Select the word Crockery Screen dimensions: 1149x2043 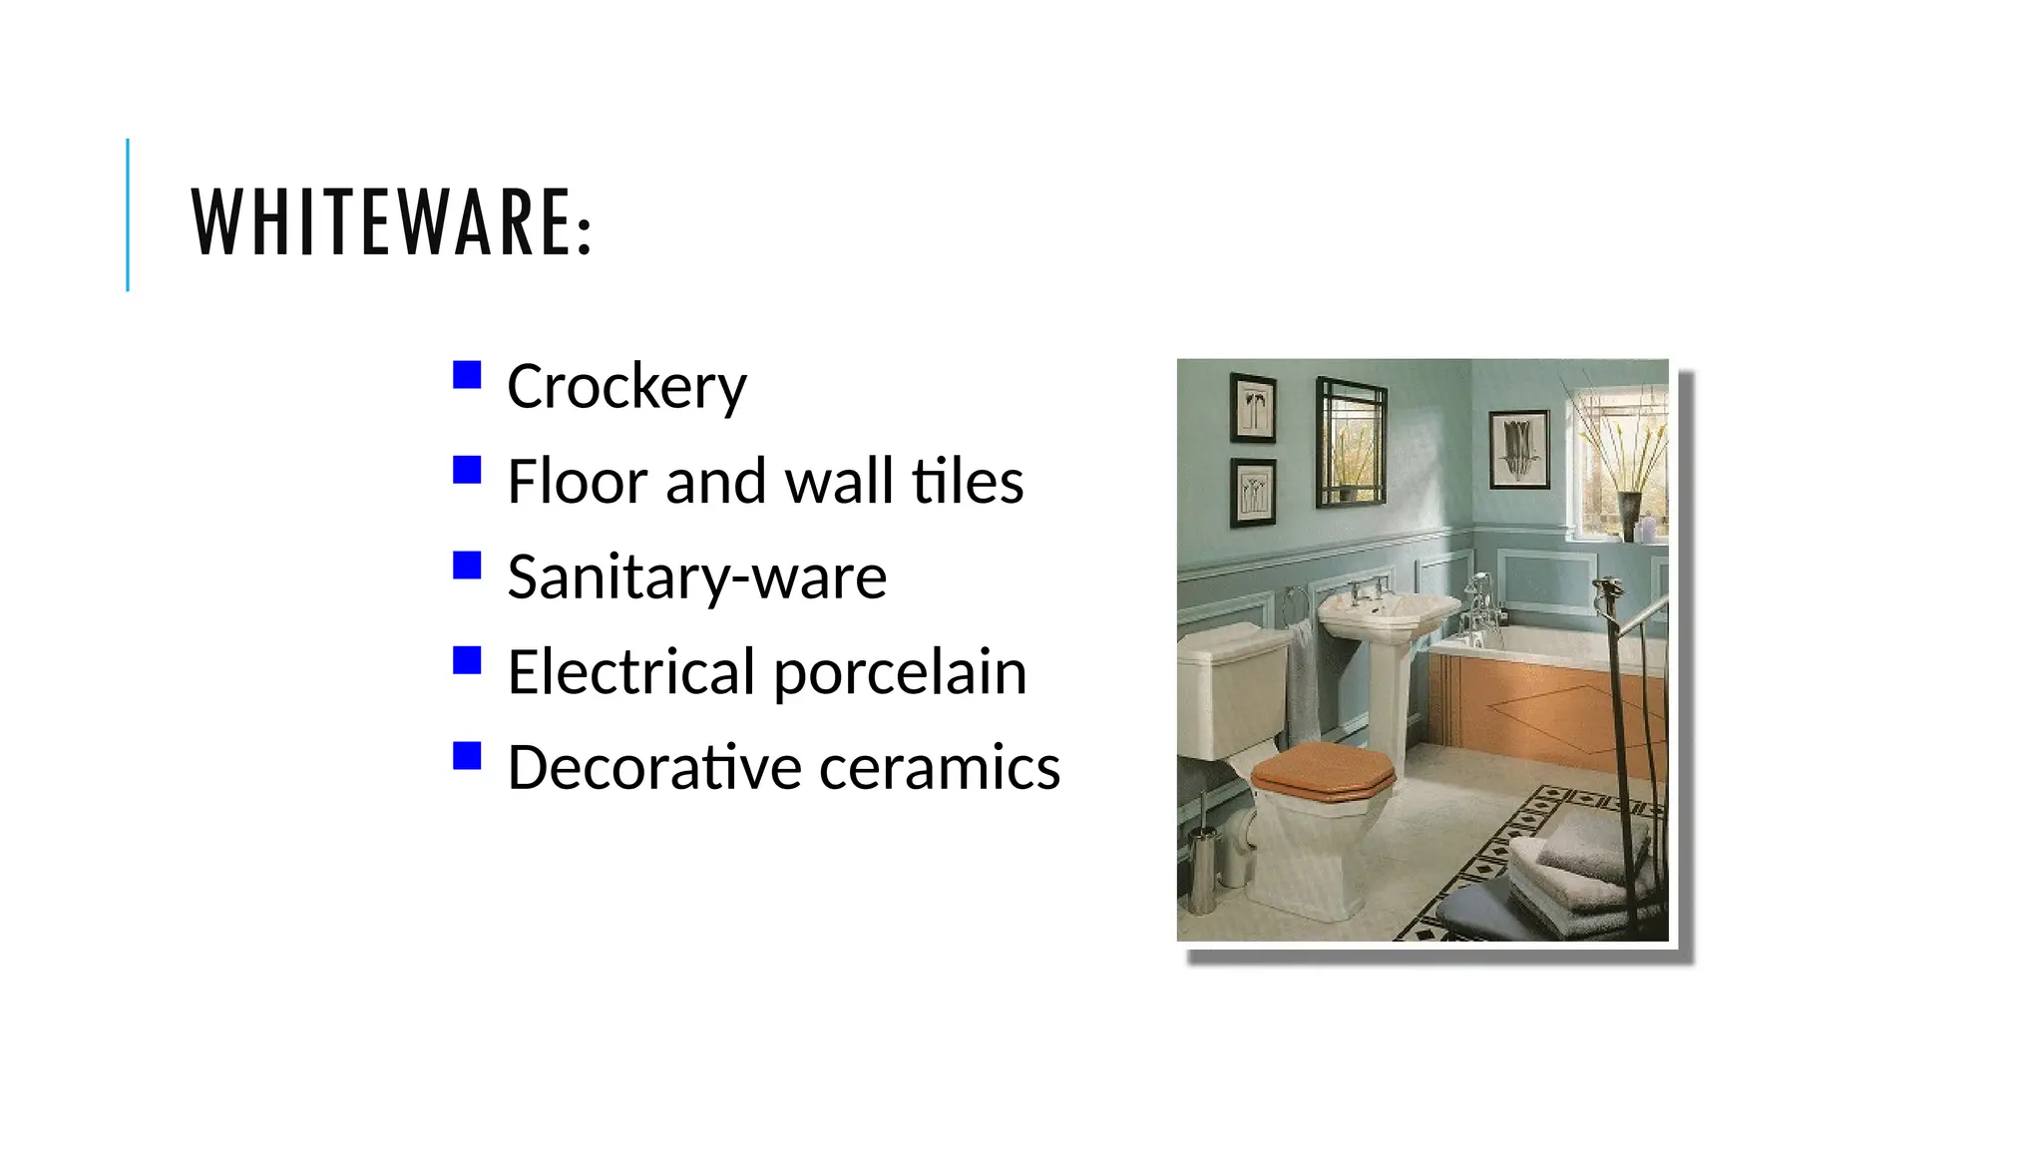626,387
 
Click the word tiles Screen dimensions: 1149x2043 967,482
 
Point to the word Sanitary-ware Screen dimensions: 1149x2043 696,577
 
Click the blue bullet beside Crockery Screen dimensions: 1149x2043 467,375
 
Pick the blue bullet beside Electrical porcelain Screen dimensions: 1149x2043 467,660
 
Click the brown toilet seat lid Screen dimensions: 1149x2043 1322,770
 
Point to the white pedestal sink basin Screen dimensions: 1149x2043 1387,611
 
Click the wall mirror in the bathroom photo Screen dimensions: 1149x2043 1351,442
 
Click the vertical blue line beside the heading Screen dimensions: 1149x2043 128,214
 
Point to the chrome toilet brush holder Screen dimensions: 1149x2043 1203,868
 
